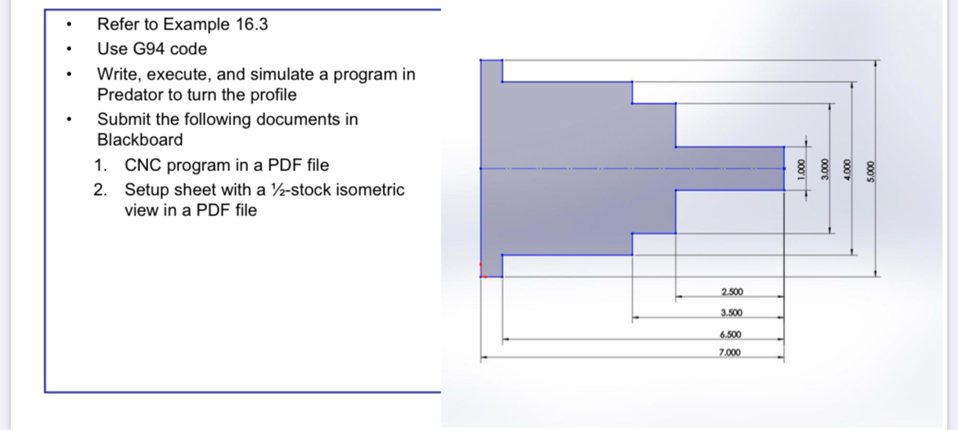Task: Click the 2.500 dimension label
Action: click(731, 292)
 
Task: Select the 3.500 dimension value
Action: click(731, 313)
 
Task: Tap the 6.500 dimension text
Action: click(730, 334)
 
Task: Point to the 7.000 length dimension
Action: click(730, 353)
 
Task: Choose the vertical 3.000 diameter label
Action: click(827, 170)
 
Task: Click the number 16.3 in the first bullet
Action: click(251, 25)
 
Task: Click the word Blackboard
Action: click(140, 139)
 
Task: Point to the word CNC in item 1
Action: click(141, 165)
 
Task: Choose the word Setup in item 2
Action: click(144, 190)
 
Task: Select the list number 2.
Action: click(100, 190)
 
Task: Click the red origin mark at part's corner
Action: click(482, 276)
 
